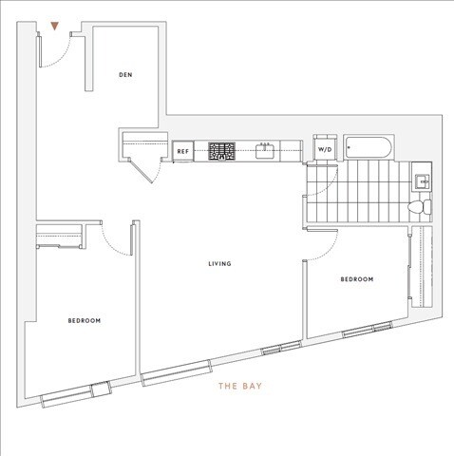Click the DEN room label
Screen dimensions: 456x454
(124, 75)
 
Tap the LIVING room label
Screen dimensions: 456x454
(221, 263)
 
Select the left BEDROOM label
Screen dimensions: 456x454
(85, 321)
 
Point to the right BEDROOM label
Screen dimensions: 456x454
(357, 279)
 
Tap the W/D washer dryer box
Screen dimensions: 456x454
(325, 149)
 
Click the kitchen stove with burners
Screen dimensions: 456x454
(222, 150)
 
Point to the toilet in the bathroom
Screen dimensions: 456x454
(419, 206)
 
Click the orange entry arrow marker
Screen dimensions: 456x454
(57, 27)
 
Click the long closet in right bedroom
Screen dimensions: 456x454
(414, 270)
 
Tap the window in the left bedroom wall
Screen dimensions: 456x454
(100, 387)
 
